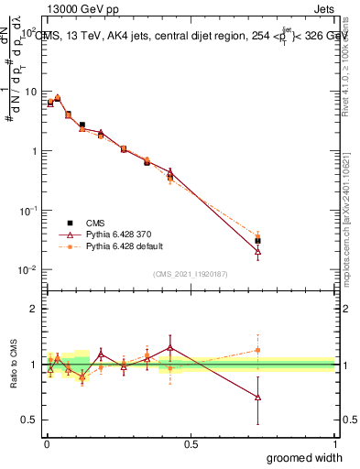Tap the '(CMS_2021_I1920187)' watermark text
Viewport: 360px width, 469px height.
(x=190, y=274)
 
